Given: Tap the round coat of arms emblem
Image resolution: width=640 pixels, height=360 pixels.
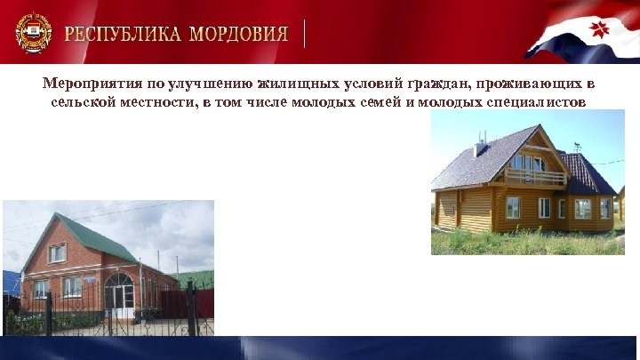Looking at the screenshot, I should pos(33,34).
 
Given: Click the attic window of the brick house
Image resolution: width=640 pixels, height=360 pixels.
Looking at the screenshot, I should pos(57,253).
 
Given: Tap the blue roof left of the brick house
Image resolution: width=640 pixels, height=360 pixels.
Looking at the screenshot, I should pos(10,283).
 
